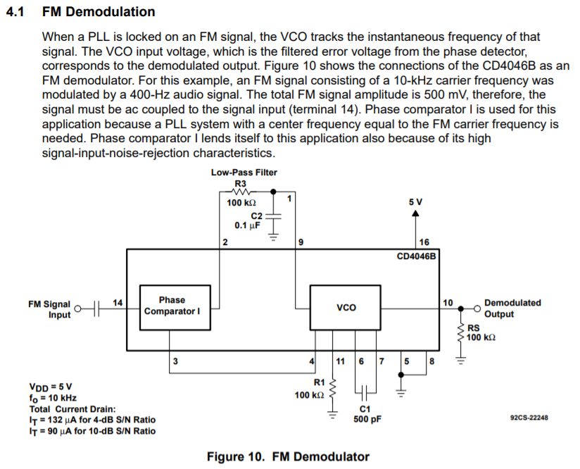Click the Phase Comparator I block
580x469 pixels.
tap(175, 307)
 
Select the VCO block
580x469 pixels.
tap(345, 307)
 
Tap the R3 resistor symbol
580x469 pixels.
tap(241, 192)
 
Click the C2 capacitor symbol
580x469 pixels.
tap(273, 215)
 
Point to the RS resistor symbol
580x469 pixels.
tap(461, 334)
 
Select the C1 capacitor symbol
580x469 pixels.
tap(364, 392)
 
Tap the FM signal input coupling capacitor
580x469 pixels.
tap(97, 308)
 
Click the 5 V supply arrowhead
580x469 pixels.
tap(416, 213)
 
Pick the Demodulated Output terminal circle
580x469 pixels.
tap(477, 308)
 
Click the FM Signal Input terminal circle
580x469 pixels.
tap(77, 308)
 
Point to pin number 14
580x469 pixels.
tap(118, 303)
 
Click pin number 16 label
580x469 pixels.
tap(424, 242)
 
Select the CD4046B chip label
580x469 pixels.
tap(417, 256)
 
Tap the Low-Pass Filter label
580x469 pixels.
tap(244, 172)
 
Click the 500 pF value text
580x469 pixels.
tap(367, 419)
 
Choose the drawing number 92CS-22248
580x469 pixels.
tap(529, 418)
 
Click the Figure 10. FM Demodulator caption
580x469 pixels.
tap(288, 457)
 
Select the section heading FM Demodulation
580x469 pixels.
tap(99, 12)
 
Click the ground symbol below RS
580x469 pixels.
tap(461, 360)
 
